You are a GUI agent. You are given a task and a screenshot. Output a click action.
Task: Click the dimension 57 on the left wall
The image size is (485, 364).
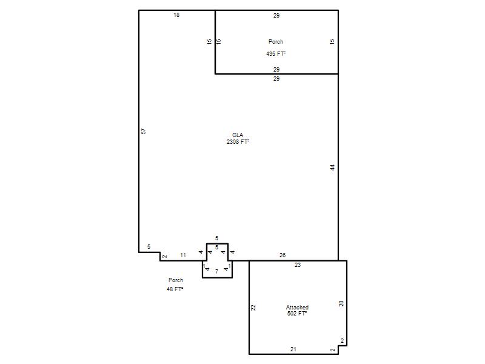coord(143,131)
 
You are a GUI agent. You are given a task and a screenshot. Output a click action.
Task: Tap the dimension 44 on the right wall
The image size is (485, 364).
coord(332,167)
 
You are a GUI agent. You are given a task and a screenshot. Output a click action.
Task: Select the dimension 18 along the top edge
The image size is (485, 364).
coord(176,15)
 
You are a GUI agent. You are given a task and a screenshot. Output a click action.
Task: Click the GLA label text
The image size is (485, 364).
coord(238,135)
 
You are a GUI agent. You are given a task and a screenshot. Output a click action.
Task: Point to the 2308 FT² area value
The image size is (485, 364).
coord(238,142)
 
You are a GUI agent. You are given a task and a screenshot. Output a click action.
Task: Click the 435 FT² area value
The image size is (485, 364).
coord(276,53)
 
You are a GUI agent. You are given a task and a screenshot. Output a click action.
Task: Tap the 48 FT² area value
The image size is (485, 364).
coord(175,289)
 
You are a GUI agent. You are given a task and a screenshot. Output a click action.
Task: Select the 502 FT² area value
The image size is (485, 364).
coord(297,313)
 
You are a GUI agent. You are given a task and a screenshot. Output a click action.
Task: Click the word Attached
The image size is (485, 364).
coord(297,308)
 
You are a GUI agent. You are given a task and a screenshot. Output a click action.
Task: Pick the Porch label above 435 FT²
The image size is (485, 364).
coord(276,41)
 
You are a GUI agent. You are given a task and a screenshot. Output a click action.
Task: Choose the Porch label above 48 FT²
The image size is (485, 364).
coord(176,280)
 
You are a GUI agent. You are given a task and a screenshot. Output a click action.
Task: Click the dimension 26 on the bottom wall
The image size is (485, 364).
coord(283,255)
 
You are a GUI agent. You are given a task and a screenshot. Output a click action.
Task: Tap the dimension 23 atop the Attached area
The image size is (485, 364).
coord(298,265)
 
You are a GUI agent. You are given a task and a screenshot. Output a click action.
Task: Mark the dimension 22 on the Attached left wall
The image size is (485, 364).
coord(253,308)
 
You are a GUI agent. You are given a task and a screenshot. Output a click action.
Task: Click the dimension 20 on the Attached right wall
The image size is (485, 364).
coord(341,304)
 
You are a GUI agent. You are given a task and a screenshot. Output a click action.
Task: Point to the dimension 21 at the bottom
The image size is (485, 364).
coord(293,349)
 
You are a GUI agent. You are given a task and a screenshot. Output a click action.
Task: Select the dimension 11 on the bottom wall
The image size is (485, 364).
coord(183,255)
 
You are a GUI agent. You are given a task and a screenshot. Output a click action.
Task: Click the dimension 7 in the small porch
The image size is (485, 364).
coord(217,271)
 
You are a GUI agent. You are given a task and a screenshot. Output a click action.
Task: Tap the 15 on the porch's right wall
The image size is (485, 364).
coord(332,41)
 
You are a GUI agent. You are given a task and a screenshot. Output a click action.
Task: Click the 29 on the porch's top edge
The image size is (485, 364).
coord(276,16)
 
